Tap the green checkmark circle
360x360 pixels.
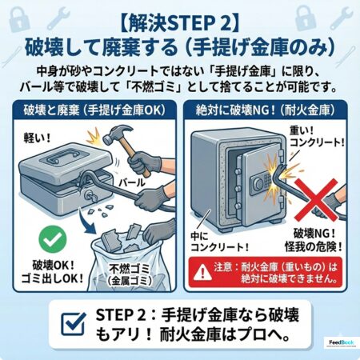[x=53, y=239]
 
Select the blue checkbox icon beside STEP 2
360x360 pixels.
[x=74, y=323]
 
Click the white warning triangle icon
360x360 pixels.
[x=203, y=272]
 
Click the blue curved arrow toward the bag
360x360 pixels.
[x=86, y=222]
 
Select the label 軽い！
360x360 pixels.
[x=37, y=138]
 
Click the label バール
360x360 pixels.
[x=132, y=182]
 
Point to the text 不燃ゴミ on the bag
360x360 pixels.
[x=130, y=269]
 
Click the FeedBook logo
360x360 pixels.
[x=342, y=342]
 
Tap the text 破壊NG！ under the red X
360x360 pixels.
[x=314, y=234]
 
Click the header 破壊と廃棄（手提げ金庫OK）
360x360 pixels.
[x=94, y=110]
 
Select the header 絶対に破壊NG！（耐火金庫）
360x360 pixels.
[x=265, y=110]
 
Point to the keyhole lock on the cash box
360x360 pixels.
[x=90, y=197]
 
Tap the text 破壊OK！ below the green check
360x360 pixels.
[x=54, y=266]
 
